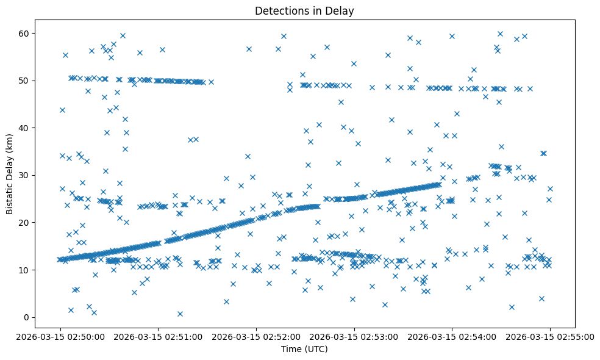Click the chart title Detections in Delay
coord(304,11)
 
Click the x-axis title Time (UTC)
coord(304,349)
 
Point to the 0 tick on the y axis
coord(27,317)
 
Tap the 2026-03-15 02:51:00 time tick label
coord(157,336)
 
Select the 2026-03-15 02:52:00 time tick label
coord(255,336)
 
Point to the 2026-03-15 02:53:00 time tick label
coord(354,336)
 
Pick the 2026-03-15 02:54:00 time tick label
coord(452,336)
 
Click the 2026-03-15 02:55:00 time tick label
coord(549,336)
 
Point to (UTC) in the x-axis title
coord(315,349)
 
